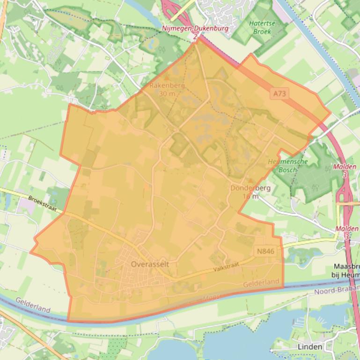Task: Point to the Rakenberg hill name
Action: coord(167,86)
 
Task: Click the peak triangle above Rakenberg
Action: coord(167,78)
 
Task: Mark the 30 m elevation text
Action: coord(167,94)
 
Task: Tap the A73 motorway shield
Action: coord(279,94)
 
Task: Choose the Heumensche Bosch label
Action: coord(287,166)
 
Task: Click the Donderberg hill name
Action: coord(250,188)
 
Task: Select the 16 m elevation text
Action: coord(250,196)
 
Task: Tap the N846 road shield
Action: coord(265,252)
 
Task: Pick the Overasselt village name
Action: coord(150,264)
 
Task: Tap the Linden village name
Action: coord(310,346)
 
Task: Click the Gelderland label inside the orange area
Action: coord(261,283)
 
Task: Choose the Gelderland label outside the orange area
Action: coord(33,305)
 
